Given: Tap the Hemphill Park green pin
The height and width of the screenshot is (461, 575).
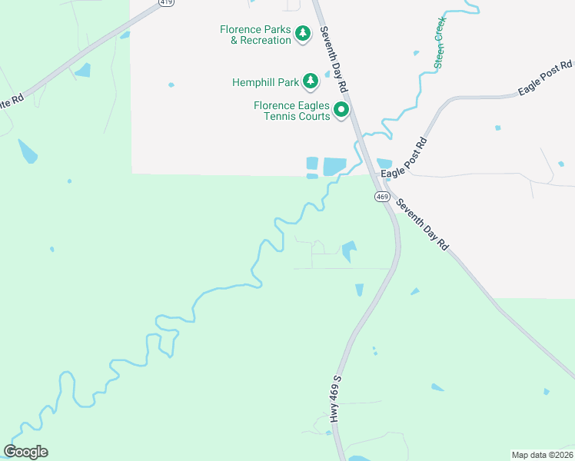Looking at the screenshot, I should click(310, 80).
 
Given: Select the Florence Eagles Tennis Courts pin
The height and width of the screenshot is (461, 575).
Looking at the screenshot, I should click(341, 109).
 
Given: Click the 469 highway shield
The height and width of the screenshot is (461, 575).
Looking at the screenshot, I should click(382, 197).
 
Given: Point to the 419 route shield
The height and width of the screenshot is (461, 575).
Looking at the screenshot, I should click(167, 3).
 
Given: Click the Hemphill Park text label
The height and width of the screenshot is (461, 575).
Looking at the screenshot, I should click(265, 81).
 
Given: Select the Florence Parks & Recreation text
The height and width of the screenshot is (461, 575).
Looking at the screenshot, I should click(255, 35).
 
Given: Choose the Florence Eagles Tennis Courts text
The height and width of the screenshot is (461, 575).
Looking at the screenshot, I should click(292, 111).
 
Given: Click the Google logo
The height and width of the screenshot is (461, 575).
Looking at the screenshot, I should click(25, 452).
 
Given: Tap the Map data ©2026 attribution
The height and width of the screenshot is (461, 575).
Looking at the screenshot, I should click(542, 454).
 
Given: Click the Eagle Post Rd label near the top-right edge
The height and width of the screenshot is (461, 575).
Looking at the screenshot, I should click(542, 80).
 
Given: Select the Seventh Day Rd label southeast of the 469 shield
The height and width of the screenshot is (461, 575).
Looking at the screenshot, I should click(421, 224).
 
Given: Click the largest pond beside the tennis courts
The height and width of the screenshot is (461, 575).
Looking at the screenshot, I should click(334, 166).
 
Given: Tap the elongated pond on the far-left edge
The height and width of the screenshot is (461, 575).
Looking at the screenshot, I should click(27, 151).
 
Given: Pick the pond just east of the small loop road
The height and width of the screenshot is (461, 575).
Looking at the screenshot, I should click(349, 250).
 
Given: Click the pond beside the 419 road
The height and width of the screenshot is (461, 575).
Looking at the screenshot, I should click(82, 71).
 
